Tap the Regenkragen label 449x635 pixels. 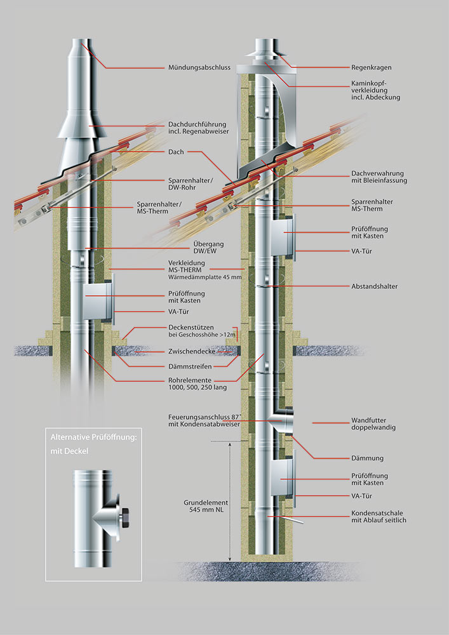point(372,67)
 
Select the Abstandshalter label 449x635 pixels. point(375,286)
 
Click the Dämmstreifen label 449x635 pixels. point(190,366)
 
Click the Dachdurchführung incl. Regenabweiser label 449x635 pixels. point(198,128)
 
